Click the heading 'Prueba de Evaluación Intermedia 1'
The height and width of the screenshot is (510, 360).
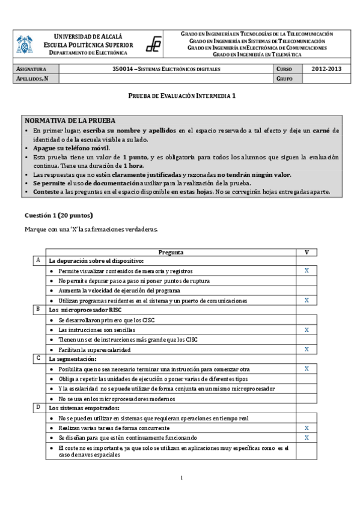point(180,96)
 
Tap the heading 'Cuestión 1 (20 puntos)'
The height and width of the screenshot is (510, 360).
point(59,215)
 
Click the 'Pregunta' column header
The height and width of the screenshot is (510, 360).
point(171,253)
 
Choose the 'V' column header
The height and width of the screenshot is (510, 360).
point(307,253)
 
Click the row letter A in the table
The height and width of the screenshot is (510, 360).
point(39,260)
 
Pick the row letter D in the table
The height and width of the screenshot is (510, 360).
point(39,407)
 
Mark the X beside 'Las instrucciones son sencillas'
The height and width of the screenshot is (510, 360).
point(307,330)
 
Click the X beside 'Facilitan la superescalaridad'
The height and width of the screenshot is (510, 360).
point(307,349)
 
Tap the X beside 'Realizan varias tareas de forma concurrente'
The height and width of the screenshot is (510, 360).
point(307,428)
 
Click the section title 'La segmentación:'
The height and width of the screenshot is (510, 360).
point(70,358)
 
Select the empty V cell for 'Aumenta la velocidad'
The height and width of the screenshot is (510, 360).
point(307,290)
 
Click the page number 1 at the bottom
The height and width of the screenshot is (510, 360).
point(180,478)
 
